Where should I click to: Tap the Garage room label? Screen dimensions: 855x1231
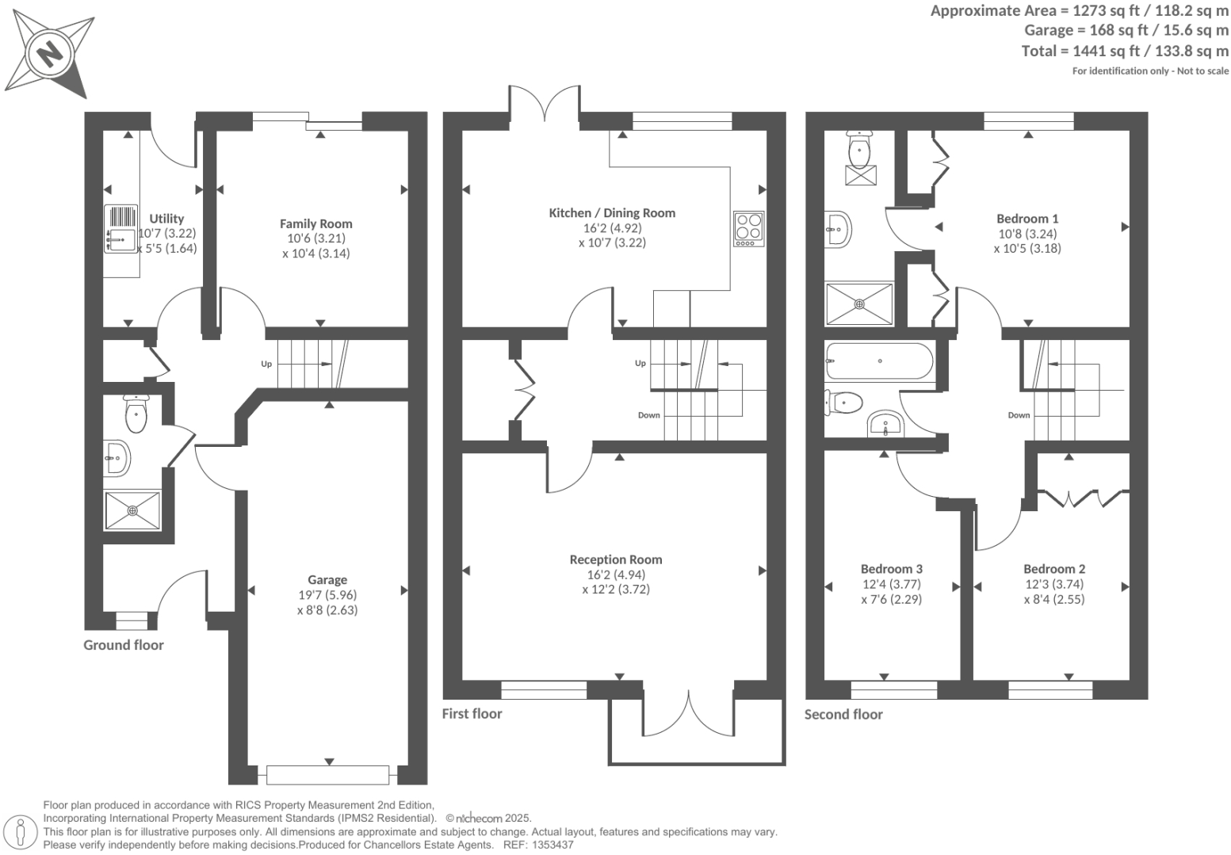tap(327, 579)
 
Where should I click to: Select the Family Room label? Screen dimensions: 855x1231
tap(315, 223)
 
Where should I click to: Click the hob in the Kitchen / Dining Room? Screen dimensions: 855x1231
tap(748, 227)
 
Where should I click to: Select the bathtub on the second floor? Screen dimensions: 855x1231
tap(879, 361)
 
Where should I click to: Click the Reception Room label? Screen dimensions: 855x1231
tap(615, 559)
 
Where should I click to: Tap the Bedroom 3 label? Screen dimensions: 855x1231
tap(891, 568)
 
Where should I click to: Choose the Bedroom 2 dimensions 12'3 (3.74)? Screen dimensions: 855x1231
tap(1053, 584)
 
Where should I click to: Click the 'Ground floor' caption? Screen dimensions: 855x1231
tap(124, 645)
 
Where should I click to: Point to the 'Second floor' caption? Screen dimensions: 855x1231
tap(843, 714)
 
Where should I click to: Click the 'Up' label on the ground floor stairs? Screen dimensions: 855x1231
tap(266, 365)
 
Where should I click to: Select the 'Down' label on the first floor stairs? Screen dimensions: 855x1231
tap(648, 415)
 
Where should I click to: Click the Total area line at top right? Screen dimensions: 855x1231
tap(1125, 52)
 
